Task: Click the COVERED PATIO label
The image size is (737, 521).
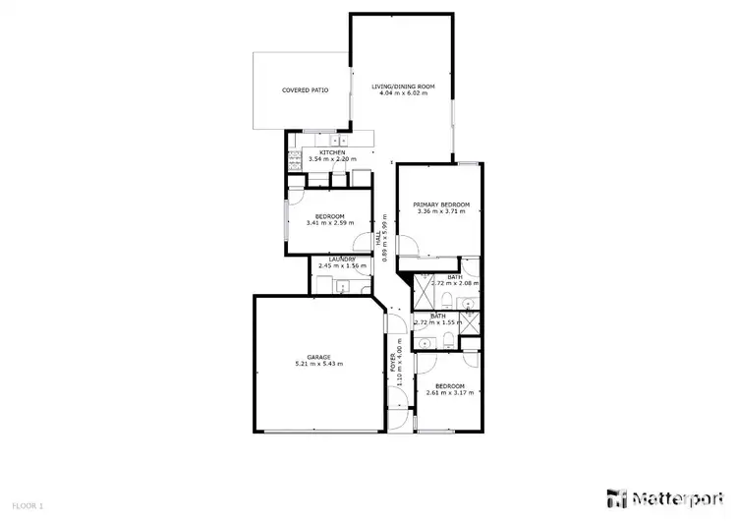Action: pyautogui.click(x=305, y=90)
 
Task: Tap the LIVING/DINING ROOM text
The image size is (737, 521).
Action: pyautogui.click(x=403, y=87)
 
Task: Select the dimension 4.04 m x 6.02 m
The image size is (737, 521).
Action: pyautogui.click(x=403, y=94)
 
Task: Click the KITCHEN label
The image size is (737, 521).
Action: pyautogui.click(x=332, y=151)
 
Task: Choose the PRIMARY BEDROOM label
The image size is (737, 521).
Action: pyautogui.click(x=441, y=204)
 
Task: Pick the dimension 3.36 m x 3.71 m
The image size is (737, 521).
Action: pyautogui.click(x=441, y=212)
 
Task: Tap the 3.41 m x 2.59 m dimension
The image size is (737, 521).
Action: pyautogui.click(x=329, y=224)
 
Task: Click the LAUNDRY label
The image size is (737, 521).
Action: pyautogui.click(x=343, y=259)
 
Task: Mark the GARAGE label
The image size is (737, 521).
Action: pyautogui.click(x=318, y=357)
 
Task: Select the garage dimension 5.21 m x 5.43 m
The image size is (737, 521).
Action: pyautogui.click(x=318, y=365)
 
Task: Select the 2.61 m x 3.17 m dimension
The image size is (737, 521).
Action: pyautogui.click(x=450, y=392)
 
